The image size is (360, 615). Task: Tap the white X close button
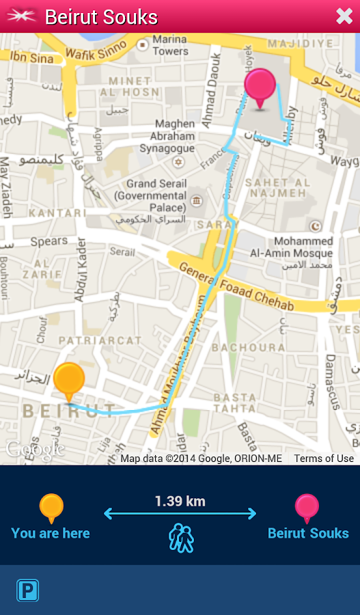click(344, 16)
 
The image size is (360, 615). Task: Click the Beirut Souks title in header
click(101, 17)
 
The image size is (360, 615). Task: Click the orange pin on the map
click(68, 381)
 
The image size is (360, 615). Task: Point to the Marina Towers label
click(170, 46)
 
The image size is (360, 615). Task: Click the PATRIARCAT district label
click(100, 340)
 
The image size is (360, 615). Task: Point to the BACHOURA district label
click(248, 347)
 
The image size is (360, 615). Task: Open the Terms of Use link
click(324, 459)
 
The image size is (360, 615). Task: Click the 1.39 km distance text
click(180, 501)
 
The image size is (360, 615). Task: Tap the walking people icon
click(181, 538)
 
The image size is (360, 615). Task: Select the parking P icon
click(28, 590)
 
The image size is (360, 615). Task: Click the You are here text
click(51, 533)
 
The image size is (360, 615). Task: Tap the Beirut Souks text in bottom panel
click(308, 533)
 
